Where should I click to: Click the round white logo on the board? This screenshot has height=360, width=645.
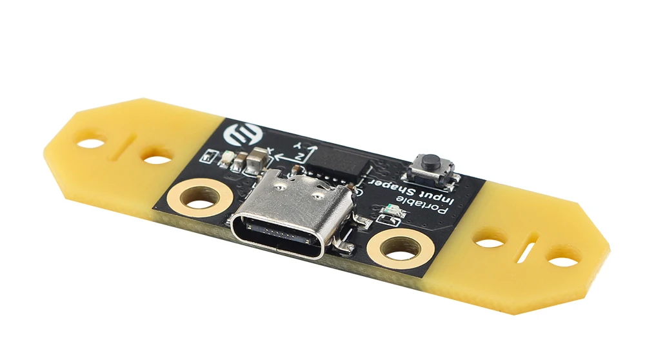click(239, 134)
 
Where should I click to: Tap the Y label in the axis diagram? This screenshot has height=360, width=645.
click(299, 145)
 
